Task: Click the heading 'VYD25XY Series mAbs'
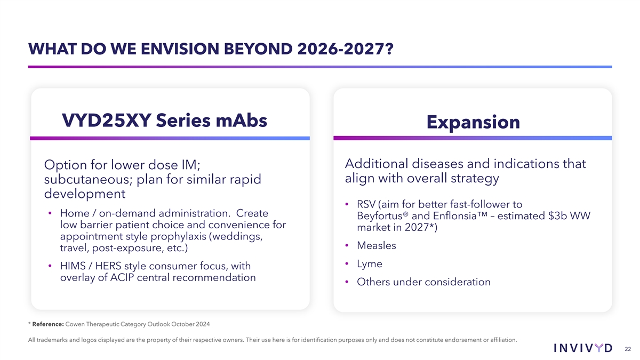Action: click(165, 121)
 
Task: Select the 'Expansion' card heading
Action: click(473, 122)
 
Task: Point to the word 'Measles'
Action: click(377, 245)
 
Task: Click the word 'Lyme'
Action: click(370, 264)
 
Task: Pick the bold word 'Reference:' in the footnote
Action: click(49, 324)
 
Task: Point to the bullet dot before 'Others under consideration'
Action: click(347, 282)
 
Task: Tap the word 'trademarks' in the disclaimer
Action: click(49, 340)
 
